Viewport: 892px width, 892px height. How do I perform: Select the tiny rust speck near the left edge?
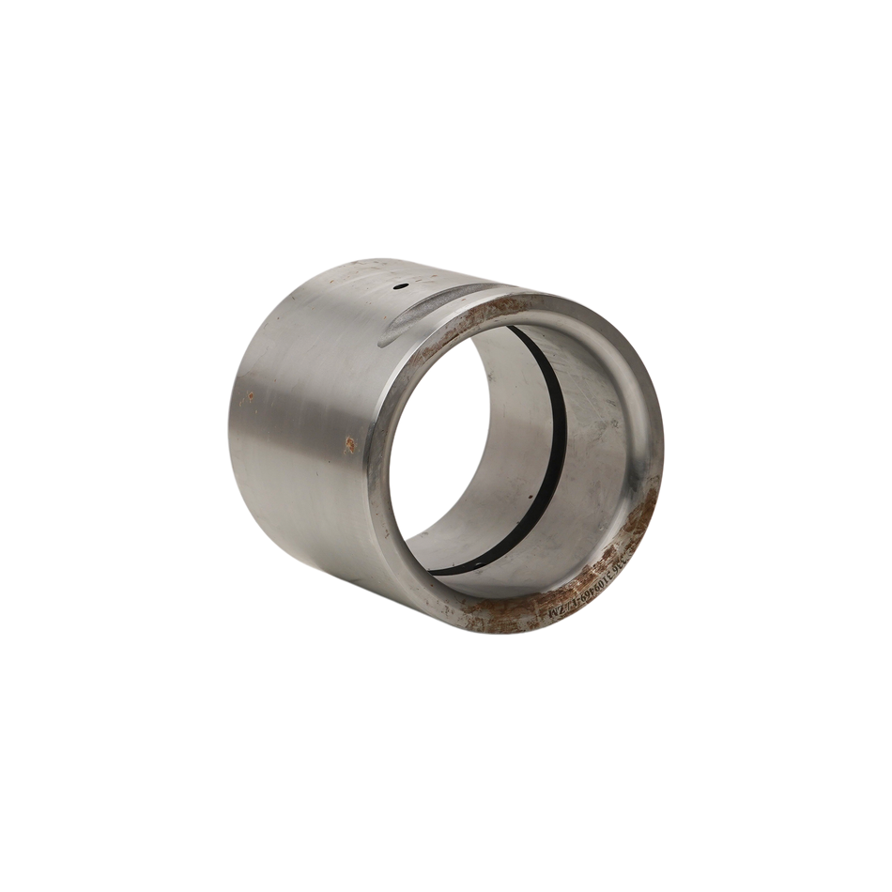pyautogui.click(x=251, y=397)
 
